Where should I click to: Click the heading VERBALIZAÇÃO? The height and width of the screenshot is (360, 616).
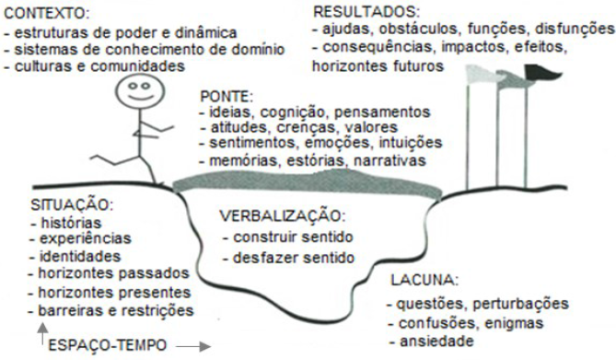[283, 217]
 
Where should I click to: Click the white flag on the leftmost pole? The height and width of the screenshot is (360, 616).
[481, 73]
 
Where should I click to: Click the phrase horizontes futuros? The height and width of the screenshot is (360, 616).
[377, 66]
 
